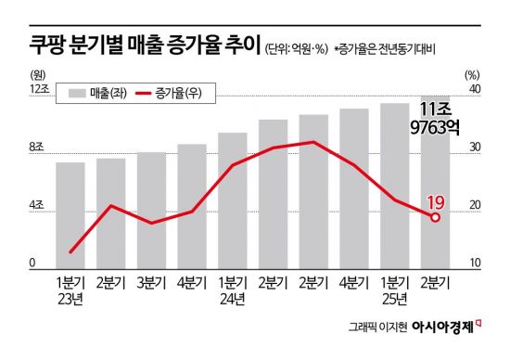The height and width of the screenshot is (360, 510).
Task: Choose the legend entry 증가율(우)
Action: coord(168,93)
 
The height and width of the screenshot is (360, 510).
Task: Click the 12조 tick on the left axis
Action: coord(37,90)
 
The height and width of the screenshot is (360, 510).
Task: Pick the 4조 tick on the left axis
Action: coord(37,206)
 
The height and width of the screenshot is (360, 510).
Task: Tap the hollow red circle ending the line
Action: coord(435,217)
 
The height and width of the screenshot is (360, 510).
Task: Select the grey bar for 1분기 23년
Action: coord(70,214)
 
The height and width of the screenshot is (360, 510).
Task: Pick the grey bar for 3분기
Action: coord(151,210)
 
